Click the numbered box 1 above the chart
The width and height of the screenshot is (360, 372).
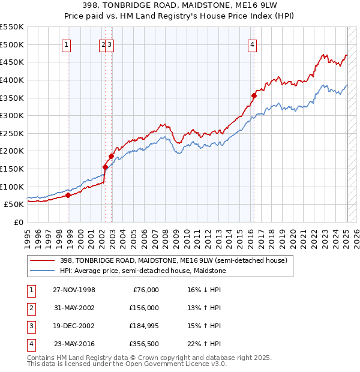(x=66, y=44)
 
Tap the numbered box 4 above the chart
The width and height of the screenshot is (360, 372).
(x=253, y=44)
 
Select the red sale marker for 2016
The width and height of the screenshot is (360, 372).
(x=254, y=95)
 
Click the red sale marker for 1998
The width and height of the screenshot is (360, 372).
(x=68, y=195)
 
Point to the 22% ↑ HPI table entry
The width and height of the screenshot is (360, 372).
(x=204, y=344)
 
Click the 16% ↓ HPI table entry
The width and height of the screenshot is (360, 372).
(x=204, y=290)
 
